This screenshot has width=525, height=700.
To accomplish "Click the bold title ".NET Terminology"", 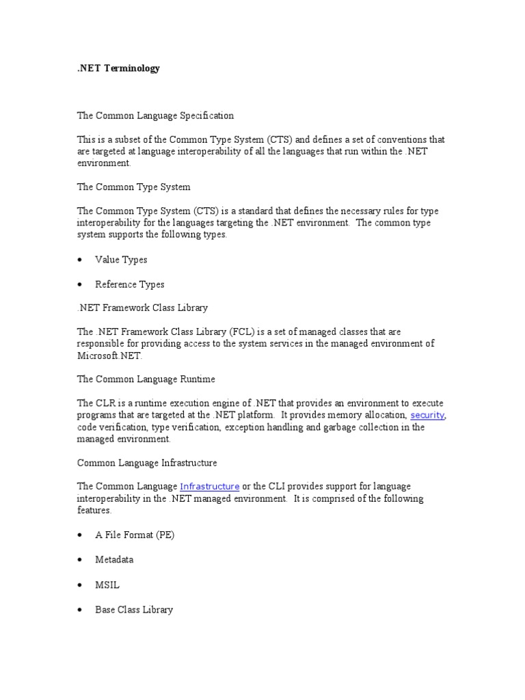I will [118, 68].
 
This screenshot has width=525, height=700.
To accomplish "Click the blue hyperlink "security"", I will [427, 415].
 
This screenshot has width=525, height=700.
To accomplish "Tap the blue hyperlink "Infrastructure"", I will [209, 486].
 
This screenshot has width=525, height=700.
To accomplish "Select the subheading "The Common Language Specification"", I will [155, 116].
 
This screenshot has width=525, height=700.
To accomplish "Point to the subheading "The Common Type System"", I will [133, 187].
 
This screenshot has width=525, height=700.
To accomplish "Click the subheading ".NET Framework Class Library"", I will [142, 308].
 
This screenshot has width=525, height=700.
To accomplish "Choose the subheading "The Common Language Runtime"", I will [146, 379].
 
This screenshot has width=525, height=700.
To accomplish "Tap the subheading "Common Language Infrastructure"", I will [147, 463].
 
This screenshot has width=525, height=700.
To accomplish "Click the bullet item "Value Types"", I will [121, 260].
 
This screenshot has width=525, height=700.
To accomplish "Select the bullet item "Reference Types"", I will [130, 284].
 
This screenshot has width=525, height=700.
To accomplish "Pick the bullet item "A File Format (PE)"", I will [135, 535].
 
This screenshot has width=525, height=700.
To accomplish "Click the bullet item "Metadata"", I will [114, 559].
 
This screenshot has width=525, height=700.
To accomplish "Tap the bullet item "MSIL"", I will [107, 584].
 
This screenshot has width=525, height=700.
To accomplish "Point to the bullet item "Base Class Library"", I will [134, 609].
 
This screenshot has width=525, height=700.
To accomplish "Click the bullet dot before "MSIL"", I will [81, 584].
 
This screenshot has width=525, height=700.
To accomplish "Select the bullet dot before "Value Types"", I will [81, 260].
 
